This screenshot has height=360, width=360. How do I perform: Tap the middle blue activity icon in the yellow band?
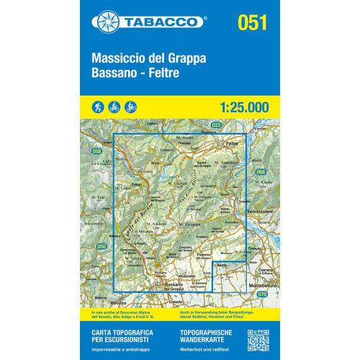pyautogui.click(x=115, y=107)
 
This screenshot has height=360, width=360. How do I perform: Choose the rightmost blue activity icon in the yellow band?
pyautogui.click(x=130, y=107)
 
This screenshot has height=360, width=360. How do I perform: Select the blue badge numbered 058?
pyautogui.click(x=96, y=150)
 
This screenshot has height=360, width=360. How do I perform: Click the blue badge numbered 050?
pyautogui.click(x=102, y=247)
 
